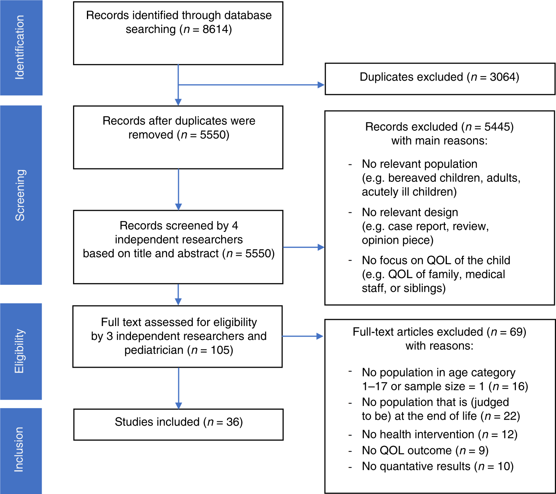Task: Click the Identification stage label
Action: pos(20,48)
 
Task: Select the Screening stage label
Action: pos(20,195)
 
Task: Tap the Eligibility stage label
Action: pos(20,351)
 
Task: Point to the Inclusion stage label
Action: pos(20,450)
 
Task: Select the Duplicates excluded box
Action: pos(440,79)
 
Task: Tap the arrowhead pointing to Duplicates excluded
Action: pos(321,85)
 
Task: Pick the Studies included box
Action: pos(178,425)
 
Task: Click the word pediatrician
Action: pos(154,350)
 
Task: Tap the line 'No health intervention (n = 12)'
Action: pos(439,434)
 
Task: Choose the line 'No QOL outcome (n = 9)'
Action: pos(425,450)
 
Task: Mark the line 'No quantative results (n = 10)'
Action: pos(437,466)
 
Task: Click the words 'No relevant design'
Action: pos(410,212)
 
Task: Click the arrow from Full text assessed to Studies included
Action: pos(178,387)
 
